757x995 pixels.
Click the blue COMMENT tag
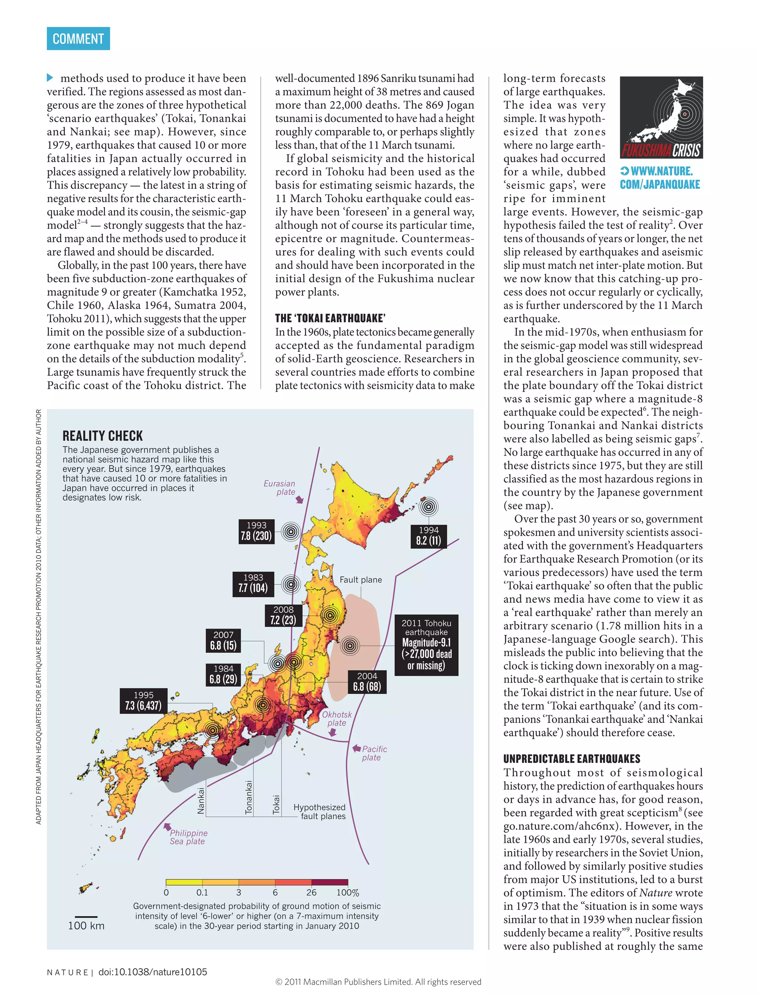(78, 39)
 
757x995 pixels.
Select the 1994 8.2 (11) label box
(428, 536)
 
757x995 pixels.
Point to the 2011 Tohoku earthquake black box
(426, 645)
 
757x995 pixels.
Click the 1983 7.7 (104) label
(253, 584)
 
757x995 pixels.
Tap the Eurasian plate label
(280, 488)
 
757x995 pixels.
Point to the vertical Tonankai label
(249, 797)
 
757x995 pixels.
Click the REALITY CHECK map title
(103, 436)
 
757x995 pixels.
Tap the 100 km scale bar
(86, 917)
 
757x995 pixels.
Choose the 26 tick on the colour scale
(311, 893)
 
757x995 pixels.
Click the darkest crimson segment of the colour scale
(329, 882)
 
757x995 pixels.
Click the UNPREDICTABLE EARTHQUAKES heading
(572, 759)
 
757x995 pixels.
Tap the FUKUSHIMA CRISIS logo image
(661, 117)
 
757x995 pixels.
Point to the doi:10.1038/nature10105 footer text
(153, 972)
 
